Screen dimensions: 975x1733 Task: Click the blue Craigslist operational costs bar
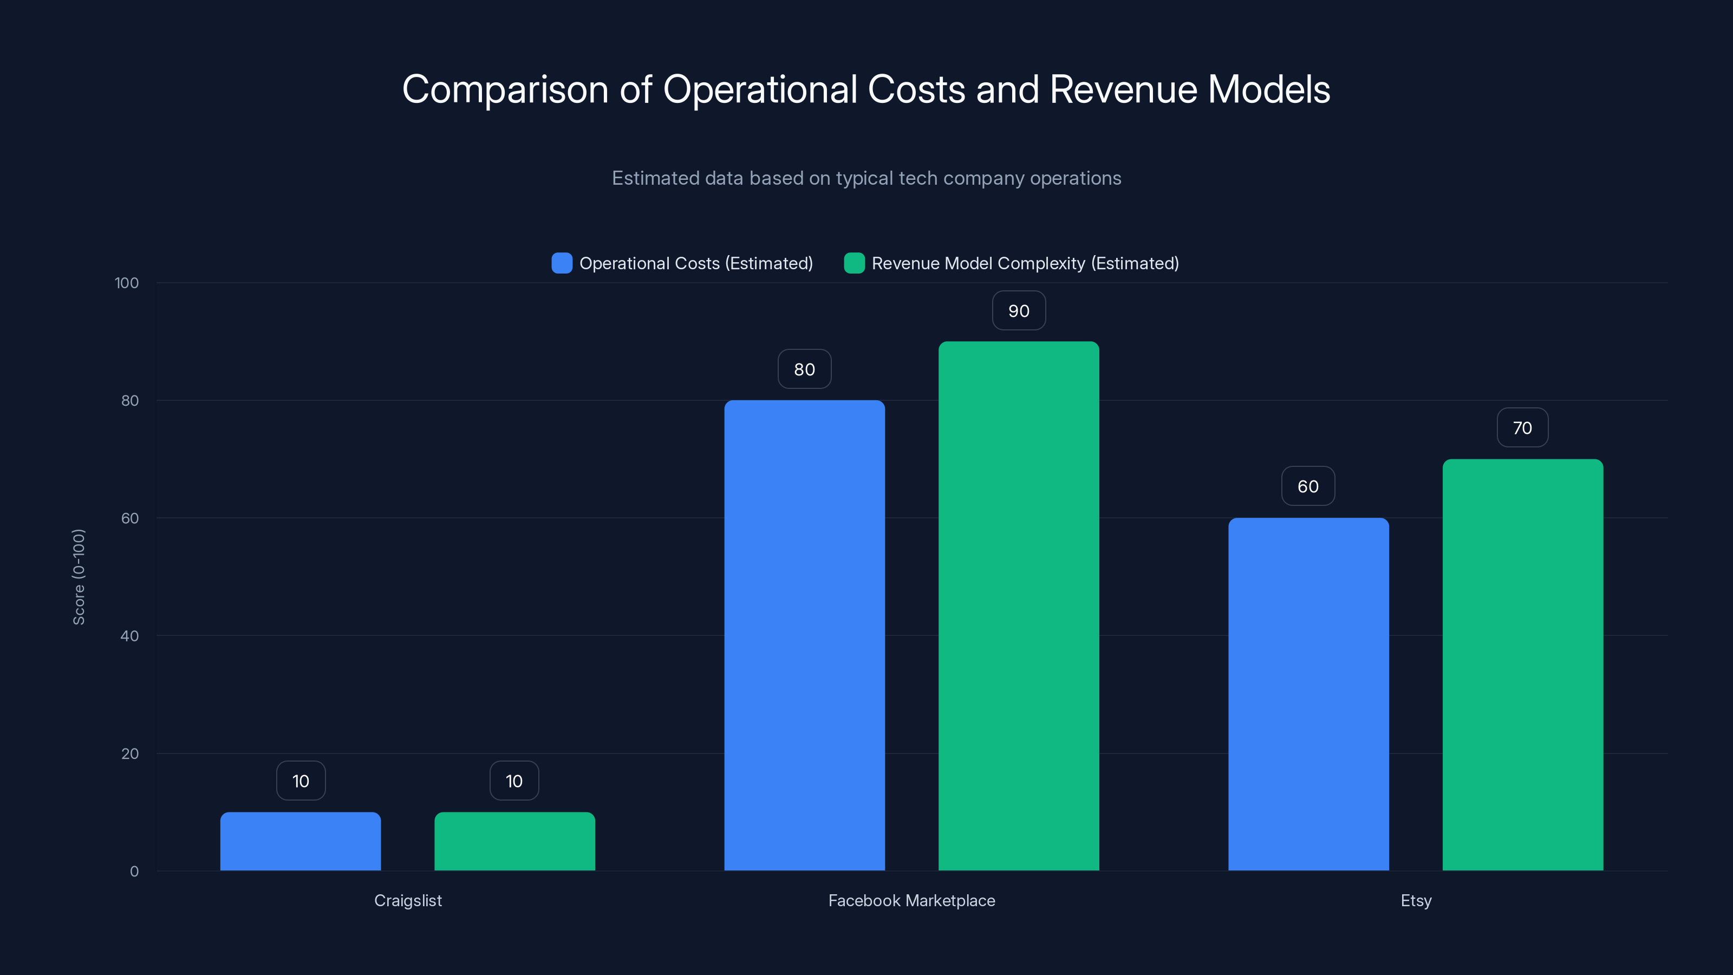click(x=301, y=841)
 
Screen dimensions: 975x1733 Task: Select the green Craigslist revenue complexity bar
click(x=514, y=841)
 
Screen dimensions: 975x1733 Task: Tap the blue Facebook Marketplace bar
click(x=805, y=635)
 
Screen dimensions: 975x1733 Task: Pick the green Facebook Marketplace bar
click(x=1019, y=606)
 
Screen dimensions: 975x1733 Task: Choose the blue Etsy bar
click(x=1308, y=694)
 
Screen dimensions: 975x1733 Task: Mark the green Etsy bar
click(x=1522, y=665)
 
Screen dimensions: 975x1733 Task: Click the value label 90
click(x=1019, y=311)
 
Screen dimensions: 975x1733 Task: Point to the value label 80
click(x=805, y=369)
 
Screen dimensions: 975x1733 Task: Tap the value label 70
click(x=1522, y=428)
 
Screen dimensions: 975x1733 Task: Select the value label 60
click(x=1308, y=486)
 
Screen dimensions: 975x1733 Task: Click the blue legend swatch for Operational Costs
click(x=562, y=263)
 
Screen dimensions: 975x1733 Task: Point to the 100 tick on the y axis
click(x=127, y=283)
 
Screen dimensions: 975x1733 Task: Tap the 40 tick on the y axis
click(x=129, y=636)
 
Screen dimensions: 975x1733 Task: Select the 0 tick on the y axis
click(x=134, y=872)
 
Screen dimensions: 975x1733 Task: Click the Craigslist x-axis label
click(x=408, y=900)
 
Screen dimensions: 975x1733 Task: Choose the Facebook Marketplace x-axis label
click(x=911, y=900)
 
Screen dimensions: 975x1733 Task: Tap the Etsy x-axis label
click(x=1416, y=900)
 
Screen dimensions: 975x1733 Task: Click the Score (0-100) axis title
click(x=79, y=577)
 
